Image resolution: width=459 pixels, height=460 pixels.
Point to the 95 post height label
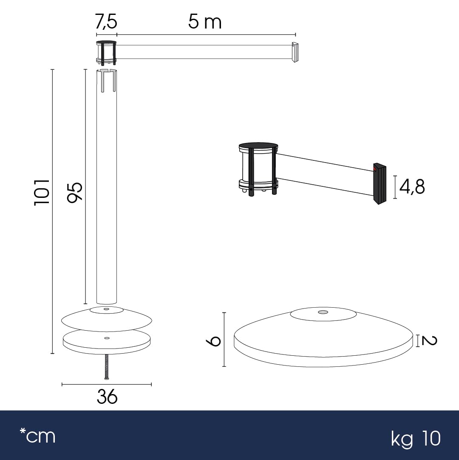[74, 192]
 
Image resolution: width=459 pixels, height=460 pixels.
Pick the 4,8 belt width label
[412, 186]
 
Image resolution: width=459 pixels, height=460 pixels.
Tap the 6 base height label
[213, 341]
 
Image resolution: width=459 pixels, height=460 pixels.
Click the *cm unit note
[37, 435]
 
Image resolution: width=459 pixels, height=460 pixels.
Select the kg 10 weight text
[416, 438]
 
